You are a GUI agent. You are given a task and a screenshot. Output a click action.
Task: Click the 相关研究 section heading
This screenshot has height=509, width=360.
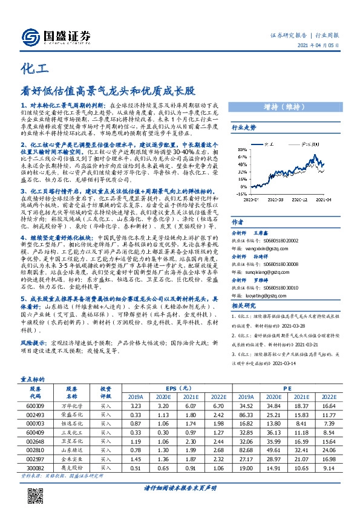(244, 306)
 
